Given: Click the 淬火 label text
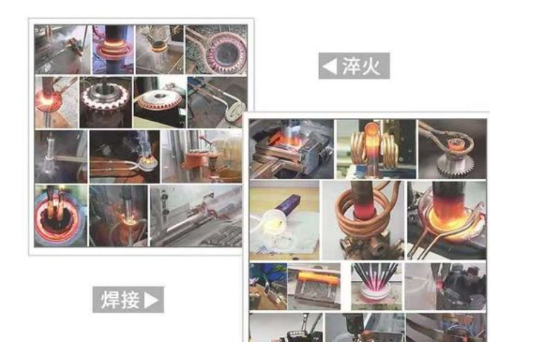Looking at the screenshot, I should point(361,66).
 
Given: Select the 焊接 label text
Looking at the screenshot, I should point(120,300).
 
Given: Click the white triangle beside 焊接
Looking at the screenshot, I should point(152,300).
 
